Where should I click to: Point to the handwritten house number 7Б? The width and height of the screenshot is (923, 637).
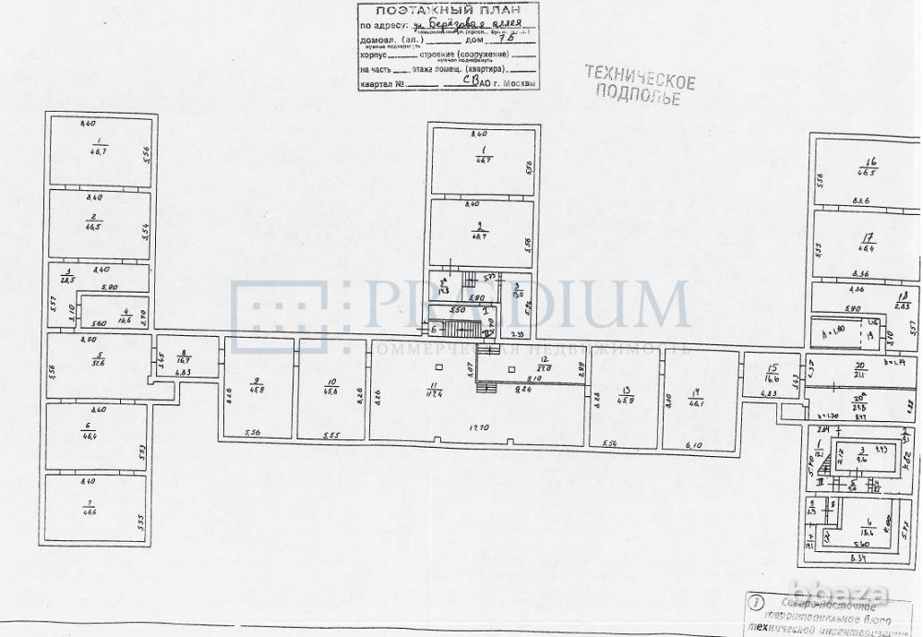[499, 39]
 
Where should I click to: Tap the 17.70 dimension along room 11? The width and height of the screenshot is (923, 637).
[478, 427]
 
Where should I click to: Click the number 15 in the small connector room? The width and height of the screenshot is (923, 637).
[772, 367]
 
